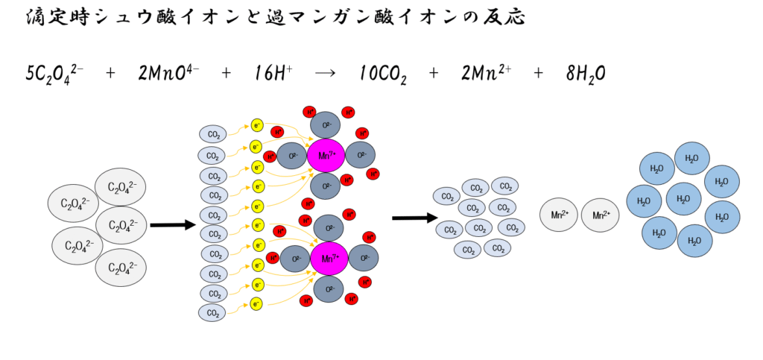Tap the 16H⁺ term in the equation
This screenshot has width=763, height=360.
(x=273, y=73)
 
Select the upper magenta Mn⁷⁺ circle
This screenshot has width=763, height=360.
(x=326, y=155)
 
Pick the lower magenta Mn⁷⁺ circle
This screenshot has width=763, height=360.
(x=326, y=258)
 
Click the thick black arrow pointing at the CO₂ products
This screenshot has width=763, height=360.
(x=414, y=218)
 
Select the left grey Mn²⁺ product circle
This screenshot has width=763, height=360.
(x=560, y=215)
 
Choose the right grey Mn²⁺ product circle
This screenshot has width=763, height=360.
(x=601, y=215)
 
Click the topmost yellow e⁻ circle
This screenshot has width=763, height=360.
(x=258, y=124)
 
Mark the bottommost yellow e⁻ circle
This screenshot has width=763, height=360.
(x=258, y=303)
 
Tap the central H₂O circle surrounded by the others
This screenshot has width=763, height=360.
(x=683, y=199)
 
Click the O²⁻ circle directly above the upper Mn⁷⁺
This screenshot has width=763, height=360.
(x=325, y=123)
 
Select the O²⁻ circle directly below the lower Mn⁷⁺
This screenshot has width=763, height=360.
(x=325, y=289)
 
